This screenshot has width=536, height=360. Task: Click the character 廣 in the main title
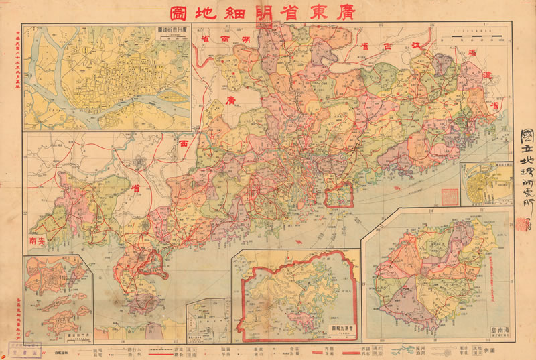coord(352,12)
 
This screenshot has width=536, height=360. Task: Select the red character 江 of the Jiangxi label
coord(415,45)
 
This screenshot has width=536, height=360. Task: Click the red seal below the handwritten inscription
coord(521,225)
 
